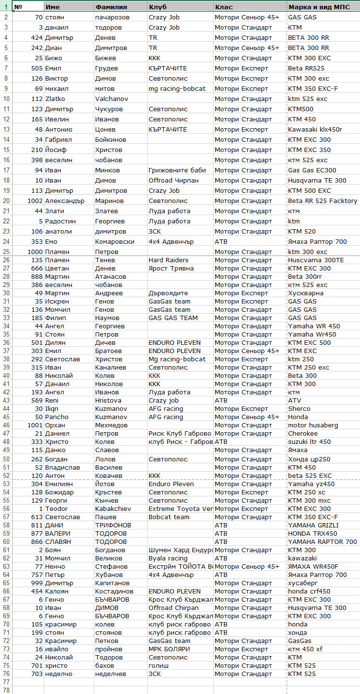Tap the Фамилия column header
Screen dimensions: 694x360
click(x=111, y=7)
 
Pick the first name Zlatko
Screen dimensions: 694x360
click(x=55, y=99)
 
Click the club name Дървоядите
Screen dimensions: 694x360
click(x=168, y=293)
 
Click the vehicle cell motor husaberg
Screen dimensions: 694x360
click(x=313, y=425)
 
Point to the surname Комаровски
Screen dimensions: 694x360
click(x=115, y=241)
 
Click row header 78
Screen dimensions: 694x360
click(x=6, y=690)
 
